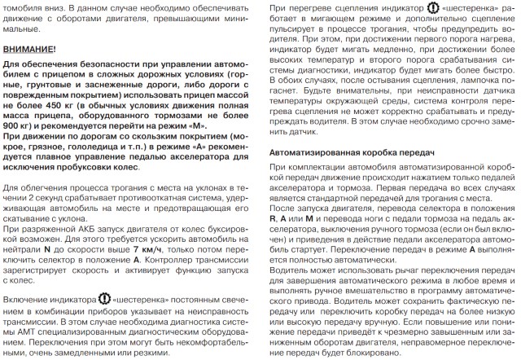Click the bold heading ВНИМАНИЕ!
[29, 50]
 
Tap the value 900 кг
[15, 127]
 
